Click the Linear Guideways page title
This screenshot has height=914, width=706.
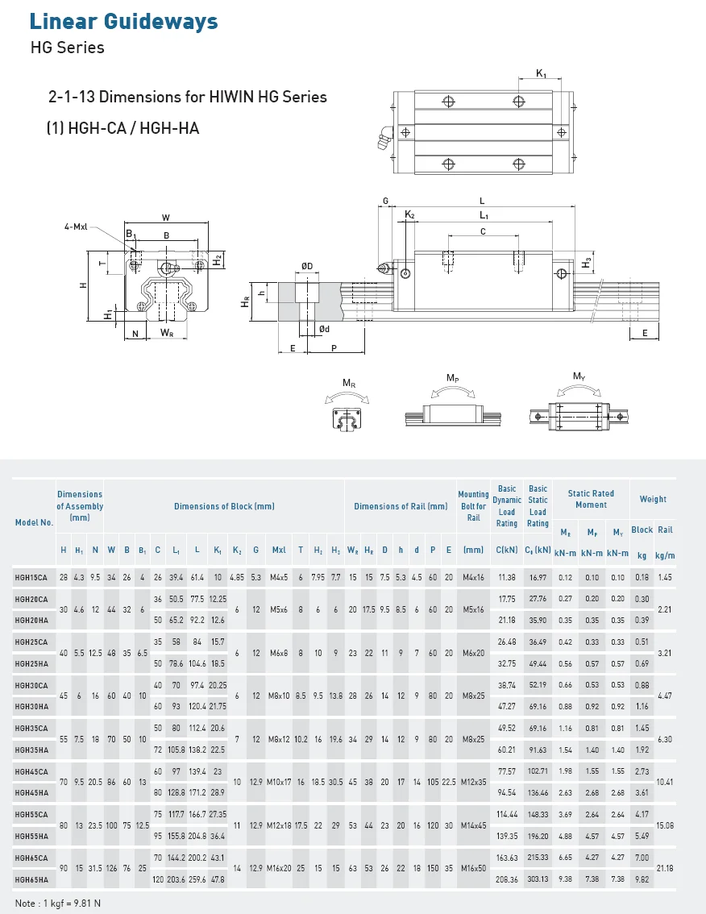tap(123, 22)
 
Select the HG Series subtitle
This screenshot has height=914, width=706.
tap(67, 48)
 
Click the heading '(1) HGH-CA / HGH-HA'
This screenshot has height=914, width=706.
tap(123, 127)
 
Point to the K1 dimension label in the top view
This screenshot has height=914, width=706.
tap(541, 74)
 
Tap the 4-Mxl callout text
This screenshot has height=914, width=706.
tap(77, 227)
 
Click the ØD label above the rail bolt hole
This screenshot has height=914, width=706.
tap(307, 267)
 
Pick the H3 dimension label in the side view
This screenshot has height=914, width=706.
tap(587, 263)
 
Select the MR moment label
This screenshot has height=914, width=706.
tap(348, 384)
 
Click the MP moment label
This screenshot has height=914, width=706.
tap(453, 377)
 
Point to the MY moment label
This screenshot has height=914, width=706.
tap(579, 376)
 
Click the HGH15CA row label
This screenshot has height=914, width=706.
tap(31, 577)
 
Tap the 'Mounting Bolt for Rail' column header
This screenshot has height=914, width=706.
tap(473, 506)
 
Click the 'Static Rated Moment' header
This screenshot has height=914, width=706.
tap(591, 499)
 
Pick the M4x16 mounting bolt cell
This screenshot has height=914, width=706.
tap(473, 577)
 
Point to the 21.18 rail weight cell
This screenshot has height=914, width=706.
tap(665, 868)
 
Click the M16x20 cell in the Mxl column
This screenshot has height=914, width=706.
tap(278, 868)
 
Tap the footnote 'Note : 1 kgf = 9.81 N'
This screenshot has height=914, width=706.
tap(58, 903)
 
